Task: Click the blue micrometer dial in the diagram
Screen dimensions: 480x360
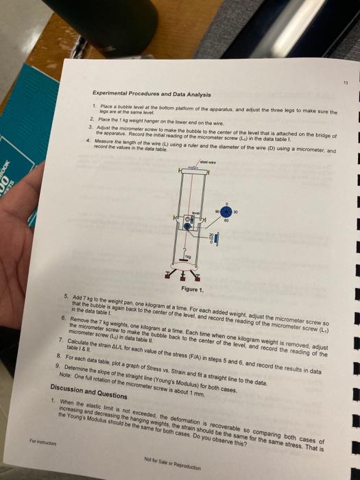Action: coord(226,211)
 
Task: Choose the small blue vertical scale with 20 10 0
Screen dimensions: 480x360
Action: coord(211,239)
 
